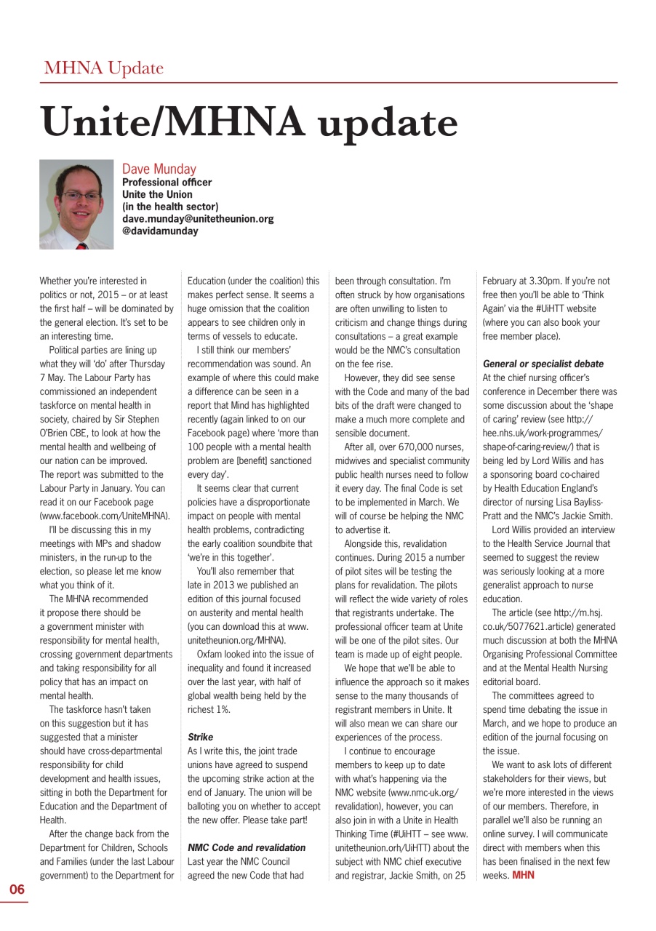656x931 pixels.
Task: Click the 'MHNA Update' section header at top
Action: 103,68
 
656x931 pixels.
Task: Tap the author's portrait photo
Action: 76,204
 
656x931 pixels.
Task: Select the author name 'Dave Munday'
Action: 159,169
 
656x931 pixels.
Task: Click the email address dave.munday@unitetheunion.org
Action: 197,219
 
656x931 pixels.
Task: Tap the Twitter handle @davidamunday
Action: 159,231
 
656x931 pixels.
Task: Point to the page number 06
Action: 17,890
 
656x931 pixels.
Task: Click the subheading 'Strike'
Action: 200,737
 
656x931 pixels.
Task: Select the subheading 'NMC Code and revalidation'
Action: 247,847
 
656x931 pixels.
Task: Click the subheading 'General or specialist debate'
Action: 543,364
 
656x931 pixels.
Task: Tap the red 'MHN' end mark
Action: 523,875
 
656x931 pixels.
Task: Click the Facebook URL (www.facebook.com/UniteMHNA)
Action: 105,516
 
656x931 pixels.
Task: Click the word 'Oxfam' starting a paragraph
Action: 211,654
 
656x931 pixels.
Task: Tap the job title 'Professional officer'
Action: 167,183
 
